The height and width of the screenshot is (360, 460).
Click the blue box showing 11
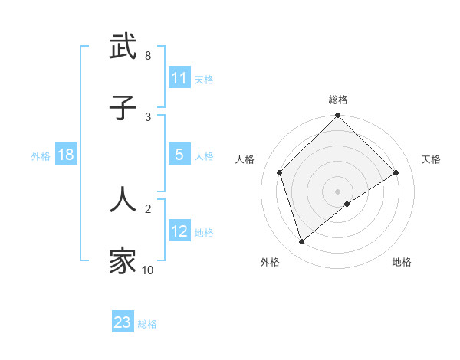(x=179, y=78)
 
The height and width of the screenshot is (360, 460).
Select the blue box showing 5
(x=179, y=155)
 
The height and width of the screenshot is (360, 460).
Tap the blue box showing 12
(x=179, y=231)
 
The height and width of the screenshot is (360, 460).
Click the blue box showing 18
(x=66, y=155)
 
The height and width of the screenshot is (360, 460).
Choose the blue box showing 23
(x=123, y=322)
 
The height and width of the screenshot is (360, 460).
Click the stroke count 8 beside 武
(x=147, y=56)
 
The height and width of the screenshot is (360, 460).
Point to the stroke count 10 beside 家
(x=147, y=270)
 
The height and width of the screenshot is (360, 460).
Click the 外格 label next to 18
(x=41, y=155)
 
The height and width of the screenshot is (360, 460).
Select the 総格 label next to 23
(x=147, y=324)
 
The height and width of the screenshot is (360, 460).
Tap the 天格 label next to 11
(x=204, y=79)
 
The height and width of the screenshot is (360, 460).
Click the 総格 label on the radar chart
(x=337, y=100)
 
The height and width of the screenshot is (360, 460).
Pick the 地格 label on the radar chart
(x=402, y=262)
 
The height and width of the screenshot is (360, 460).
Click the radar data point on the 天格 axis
(x=396, y=172)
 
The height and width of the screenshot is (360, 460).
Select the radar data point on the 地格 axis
(x=347, y=204)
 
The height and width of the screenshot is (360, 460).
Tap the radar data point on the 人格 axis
(x=280, y=172)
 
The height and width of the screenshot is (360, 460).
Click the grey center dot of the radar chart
(x=337, y=191)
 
